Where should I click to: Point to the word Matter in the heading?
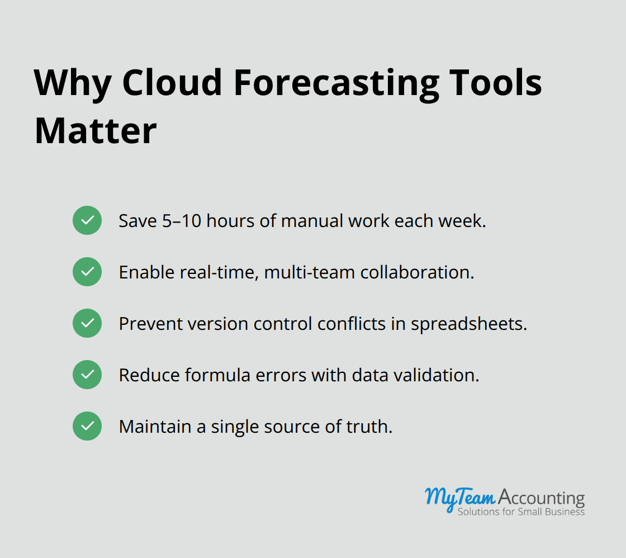96,131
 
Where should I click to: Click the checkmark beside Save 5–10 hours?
87,220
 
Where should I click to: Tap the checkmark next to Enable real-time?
87,272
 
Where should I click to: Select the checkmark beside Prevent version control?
87,323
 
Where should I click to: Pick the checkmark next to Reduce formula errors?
87,375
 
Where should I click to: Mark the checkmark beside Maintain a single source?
87,426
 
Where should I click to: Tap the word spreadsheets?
469,324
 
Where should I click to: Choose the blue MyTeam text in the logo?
459,496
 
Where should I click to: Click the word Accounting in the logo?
541,498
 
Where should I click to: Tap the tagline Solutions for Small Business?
521,512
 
